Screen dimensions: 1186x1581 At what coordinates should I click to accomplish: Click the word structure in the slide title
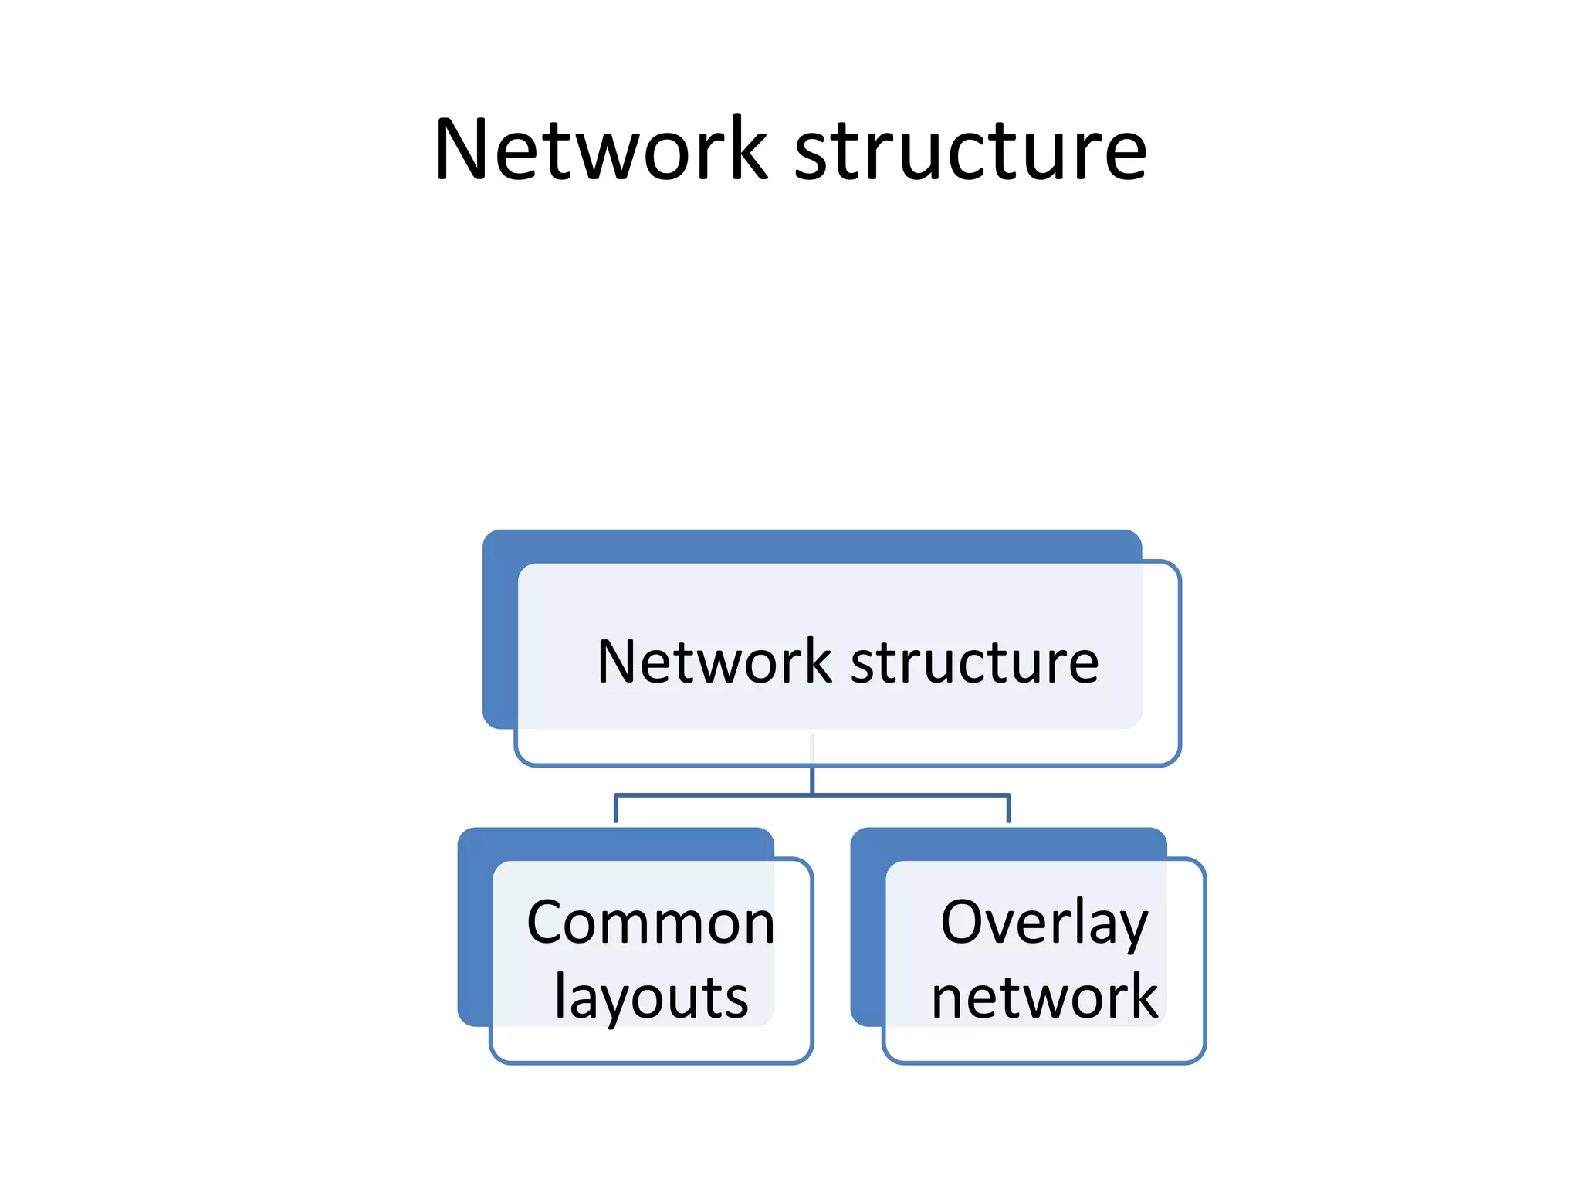(x=970, y=151)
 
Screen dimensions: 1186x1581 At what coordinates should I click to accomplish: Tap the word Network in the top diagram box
(x=714, y=662)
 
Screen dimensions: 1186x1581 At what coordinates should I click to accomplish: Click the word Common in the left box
(x=651, y=923)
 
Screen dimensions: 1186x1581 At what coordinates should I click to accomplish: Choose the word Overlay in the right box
(x=1044, y=923)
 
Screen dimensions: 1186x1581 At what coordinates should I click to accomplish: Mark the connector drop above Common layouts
(x=616, y=808)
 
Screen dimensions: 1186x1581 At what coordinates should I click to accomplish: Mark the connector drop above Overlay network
(x=1008, y=808)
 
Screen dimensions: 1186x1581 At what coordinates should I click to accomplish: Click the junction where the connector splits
(x=812, y=795)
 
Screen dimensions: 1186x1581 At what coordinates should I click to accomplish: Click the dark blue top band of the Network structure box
(x=811, y=545)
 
